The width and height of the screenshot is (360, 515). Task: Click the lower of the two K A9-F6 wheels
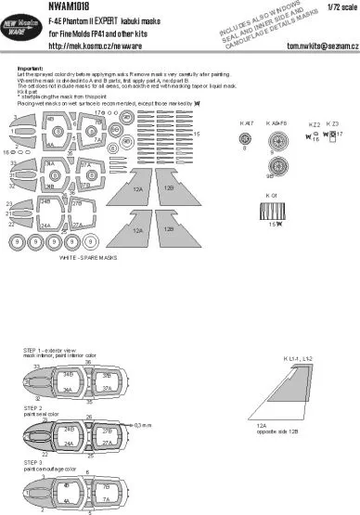point(278,169)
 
